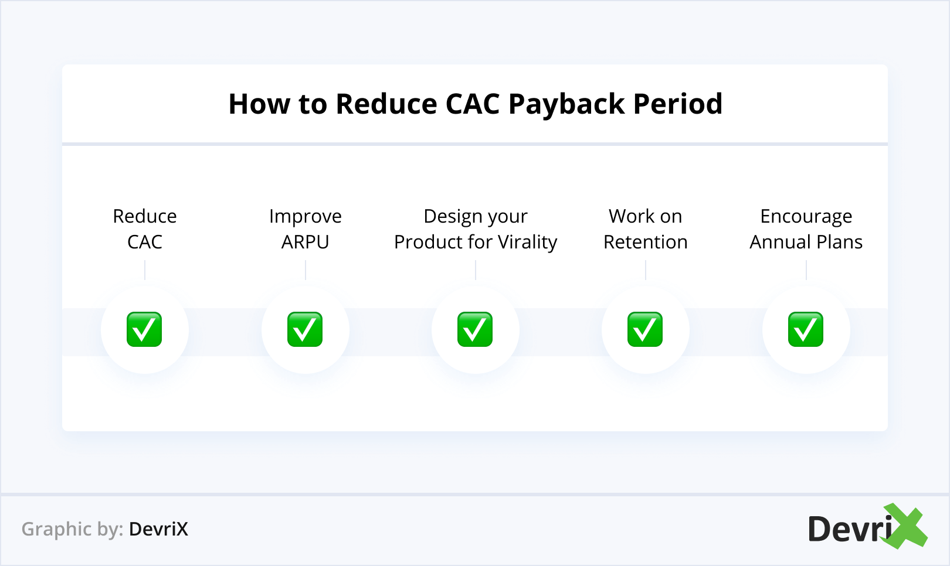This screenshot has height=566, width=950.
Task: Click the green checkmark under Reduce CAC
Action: (x=144, y=330)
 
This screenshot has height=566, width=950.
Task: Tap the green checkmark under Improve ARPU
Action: (x=305, y=330)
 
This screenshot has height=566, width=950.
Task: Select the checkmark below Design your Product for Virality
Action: (x=475, y=330)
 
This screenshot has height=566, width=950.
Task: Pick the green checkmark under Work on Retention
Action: (x=645, y=330)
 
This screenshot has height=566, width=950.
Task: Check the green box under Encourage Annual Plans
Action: (x=806, y=330)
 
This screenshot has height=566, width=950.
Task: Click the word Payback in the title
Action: (x=566, y=105)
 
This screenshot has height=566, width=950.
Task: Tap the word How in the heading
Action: (x=259, y=104)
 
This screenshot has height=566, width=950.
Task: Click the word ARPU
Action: (x=306, y=242)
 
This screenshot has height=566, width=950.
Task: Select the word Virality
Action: (x=527, y=243)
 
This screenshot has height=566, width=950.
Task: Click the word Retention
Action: (x=646, y=242)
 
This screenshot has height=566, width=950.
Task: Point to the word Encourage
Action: (x=806, y=217)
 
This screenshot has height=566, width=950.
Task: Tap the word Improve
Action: (x=306, y=217)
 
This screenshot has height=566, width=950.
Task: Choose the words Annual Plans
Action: (x=806, y=242)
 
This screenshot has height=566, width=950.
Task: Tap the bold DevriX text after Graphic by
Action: (x=158, y=529)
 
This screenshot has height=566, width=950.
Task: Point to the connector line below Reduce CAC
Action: (x=145, y=270)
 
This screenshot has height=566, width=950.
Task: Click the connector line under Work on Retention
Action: (x=646, y=270)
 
